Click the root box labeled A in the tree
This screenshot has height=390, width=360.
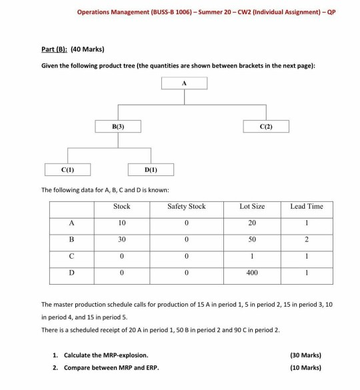184,83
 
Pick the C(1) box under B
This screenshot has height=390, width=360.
69,169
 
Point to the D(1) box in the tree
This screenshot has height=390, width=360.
151,169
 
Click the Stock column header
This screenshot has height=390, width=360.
121,207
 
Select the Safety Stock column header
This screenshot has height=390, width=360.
187,207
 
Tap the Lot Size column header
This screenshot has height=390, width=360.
252,207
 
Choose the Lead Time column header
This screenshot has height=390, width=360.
306,207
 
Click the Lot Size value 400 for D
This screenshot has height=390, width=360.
252,271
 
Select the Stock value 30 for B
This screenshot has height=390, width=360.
121,239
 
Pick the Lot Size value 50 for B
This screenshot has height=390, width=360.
252,239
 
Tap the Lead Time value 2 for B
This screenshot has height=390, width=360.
306,239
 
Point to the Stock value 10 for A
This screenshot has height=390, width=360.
121,223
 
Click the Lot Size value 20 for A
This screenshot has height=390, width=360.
252,223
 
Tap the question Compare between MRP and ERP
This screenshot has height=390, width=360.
111,367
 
